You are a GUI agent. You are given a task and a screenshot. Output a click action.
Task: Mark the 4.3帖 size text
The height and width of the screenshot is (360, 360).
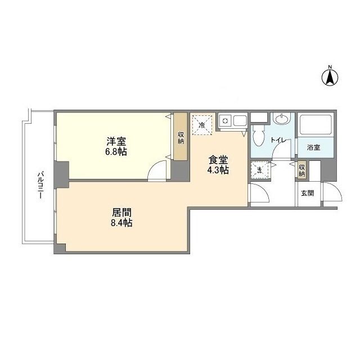click(217, 170)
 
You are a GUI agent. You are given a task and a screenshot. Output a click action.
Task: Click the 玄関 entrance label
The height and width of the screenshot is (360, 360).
click(307, 192)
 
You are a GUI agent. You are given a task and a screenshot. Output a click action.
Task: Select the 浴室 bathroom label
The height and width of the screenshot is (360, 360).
click(313, 147)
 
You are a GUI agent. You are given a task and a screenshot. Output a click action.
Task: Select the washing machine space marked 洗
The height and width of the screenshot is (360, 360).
click(259, 169)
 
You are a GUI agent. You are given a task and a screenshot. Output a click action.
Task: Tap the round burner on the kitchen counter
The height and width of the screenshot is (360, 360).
click(225, 120)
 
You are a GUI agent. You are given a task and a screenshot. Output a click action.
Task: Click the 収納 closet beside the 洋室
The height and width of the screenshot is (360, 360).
click(181, 137)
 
